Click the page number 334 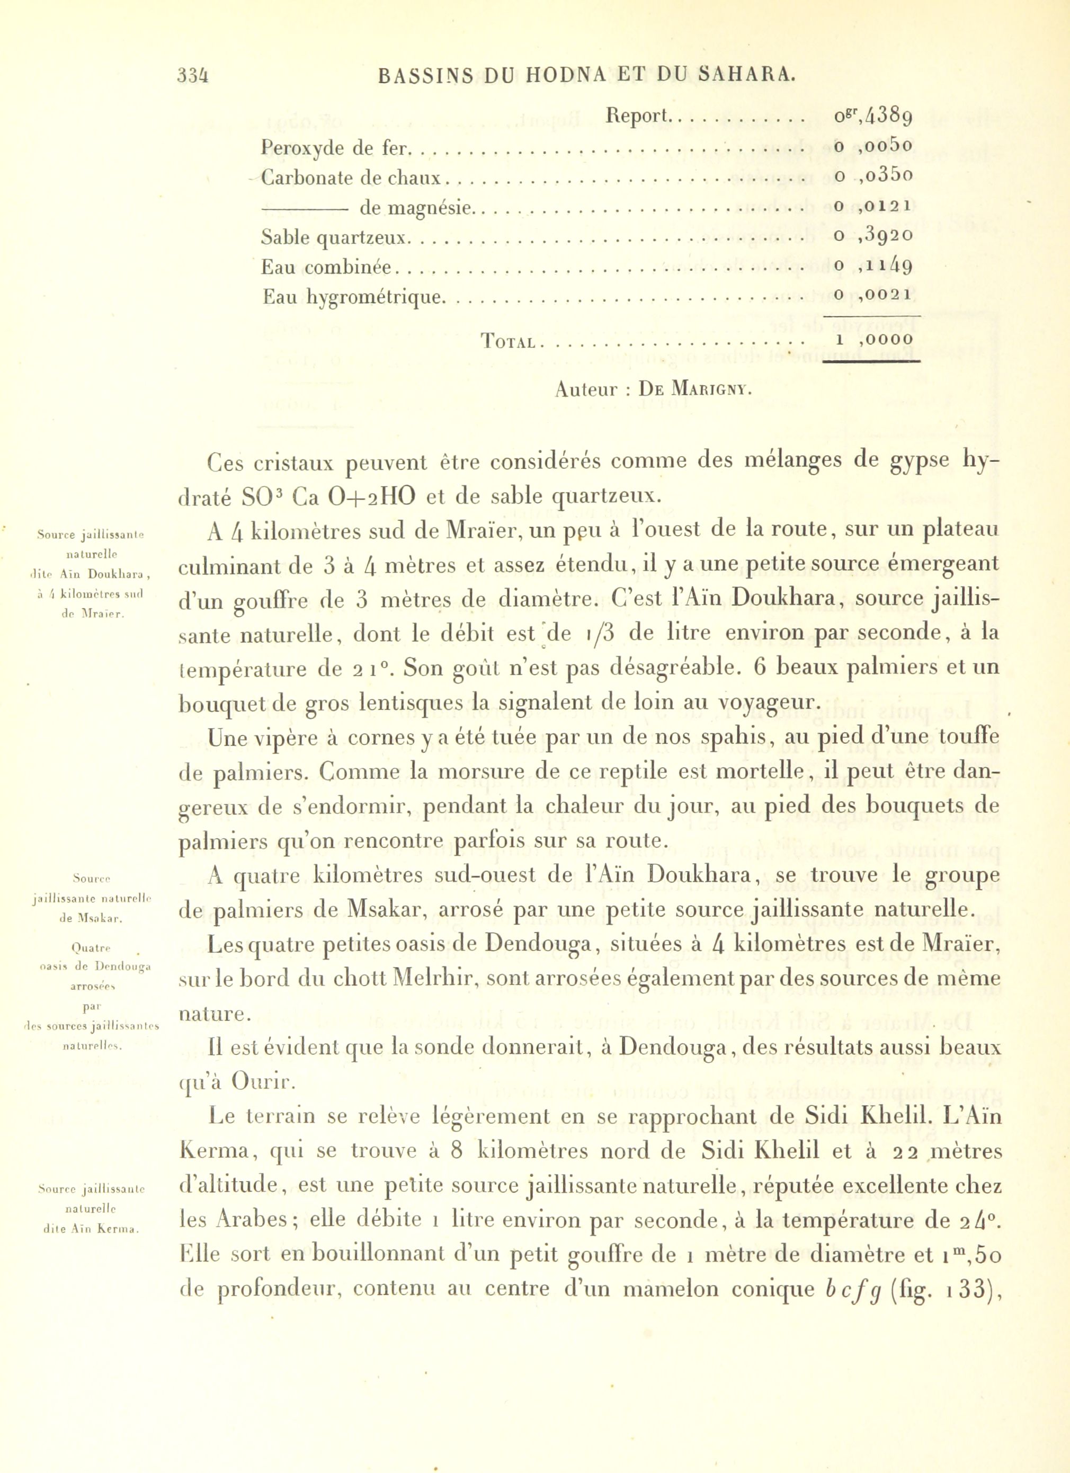[193, 76]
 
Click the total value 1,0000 [874, 340]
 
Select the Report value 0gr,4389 [873, 117]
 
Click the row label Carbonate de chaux [351, 178]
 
